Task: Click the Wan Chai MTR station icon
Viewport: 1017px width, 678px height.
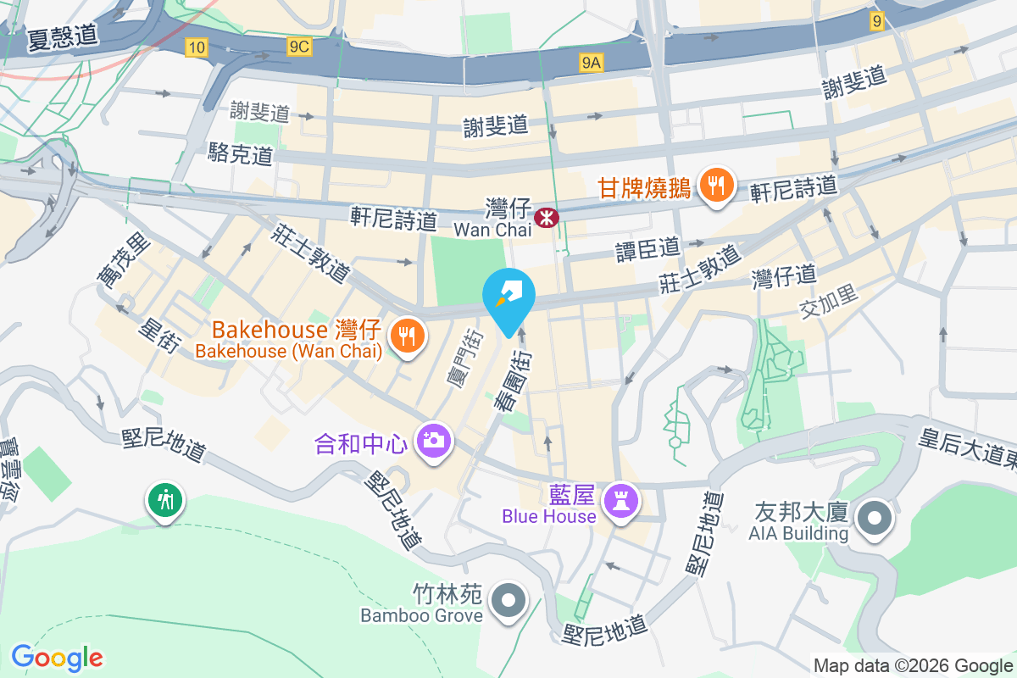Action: click(x=547, y=218)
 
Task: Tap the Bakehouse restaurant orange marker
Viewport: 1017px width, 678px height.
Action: click(x=408, y=336)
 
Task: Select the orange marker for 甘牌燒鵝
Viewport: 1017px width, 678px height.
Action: click(x=717, y=186)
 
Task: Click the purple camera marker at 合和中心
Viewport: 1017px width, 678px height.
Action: click(x=433, y=440)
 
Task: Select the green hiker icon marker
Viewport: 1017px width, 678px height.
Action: click(x=164, y=500)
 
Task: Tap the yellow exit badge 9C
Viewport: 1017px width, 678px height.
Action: click(x=298, y=47)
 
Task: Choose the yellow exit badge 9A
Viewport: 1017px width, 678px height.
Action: click(x=592, y=62)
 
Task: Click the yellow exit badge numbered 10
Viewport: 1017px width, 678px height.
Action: click(x=197, y=47)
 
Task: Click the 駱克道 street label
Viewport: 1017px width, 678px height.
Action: click(x=241, y=153)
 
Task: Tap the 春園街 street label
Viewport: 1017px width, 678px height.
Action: click(x=514, y=381)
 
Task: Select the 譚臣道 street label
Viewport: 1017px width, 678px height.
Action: click(x=648, y=248)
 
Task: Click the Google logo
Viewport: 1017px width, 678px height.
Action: click(x=57, y=657)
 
